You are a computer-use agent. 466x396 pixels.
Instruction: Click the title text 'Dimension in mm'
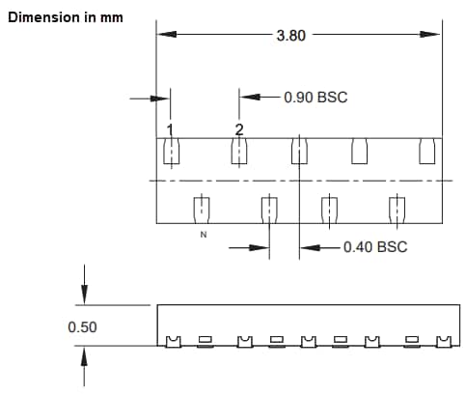coord(65,18)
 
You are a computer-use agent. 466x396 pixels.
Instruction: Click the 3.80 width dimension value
coord(291,35)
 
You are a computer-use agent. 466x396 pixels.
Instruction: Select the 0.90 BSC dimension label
coord(315,98)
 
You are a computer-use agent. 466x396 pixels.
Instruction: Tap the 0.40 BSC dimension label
coord(375,247)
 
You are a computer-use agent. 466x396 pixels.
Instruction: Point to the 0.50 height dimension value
coord(82,327)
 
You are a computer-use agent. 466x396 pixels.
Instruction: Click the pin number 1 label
coord(170,129)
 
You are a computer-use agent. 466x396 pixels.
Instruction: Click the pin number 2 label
coord(239,129)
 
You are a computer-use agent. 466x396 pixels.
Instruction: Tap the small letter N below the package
coord(202,235)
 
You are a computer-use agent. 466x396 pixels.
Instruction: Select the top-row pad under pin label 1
coord(170,152)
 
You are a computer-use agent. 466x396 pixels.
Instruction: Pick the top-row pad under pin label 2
coord(238,152)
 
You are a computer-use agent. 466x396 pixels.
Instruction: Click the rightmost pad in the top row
coord(427,152)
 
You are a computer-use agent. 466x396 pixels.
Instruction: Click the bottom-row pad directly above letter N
coord(202,209)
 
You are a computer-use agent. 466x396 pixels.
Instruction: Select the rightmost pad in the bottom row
coord(395,209)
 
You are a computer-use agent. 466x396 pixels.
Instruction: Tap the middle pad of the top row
coord(300,152)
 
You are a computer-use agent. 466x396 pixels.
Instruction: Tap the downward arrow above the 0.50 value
coord(86,297)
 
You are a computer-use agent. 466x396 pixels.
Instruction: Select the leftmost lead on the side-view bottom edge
coord(174,341)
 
